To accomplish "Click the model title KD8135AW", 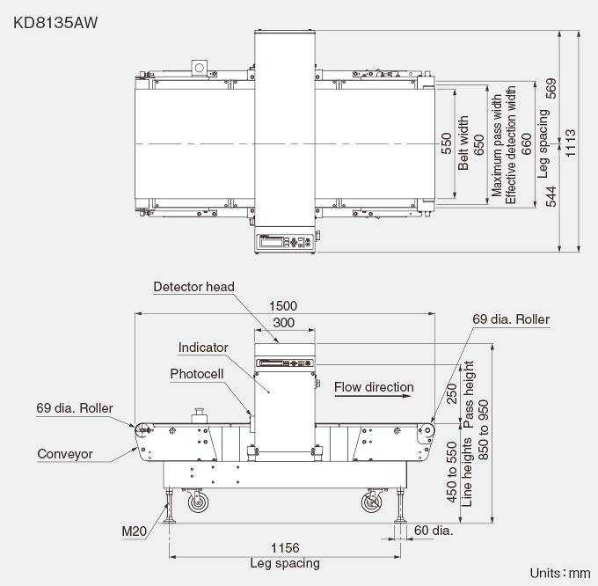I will pos(55,19).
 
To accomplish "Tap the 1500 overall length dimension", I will pos(285,305).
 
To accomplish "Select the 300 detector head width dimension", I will pos(284,323).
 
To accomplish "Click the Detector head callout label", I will pos(193,287).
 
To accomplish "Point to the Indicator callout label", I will pos(203,348).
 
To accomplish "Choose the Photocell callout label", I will pos(197,374).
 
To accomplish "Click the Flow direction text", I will pos(374,387).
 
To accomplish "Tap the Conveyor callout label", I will pos(65,455).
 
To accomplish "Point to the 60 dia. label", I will pos(433,531).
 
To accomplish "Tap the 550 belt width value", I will pos(447,143).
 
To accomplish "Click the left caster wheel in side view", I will pos(197,503).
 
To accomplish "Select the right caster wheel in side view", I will pos(371,503).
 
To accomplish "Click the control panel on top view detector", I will pos(284,242).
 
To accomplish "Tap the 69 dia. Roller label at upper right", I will pos(512,319).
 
